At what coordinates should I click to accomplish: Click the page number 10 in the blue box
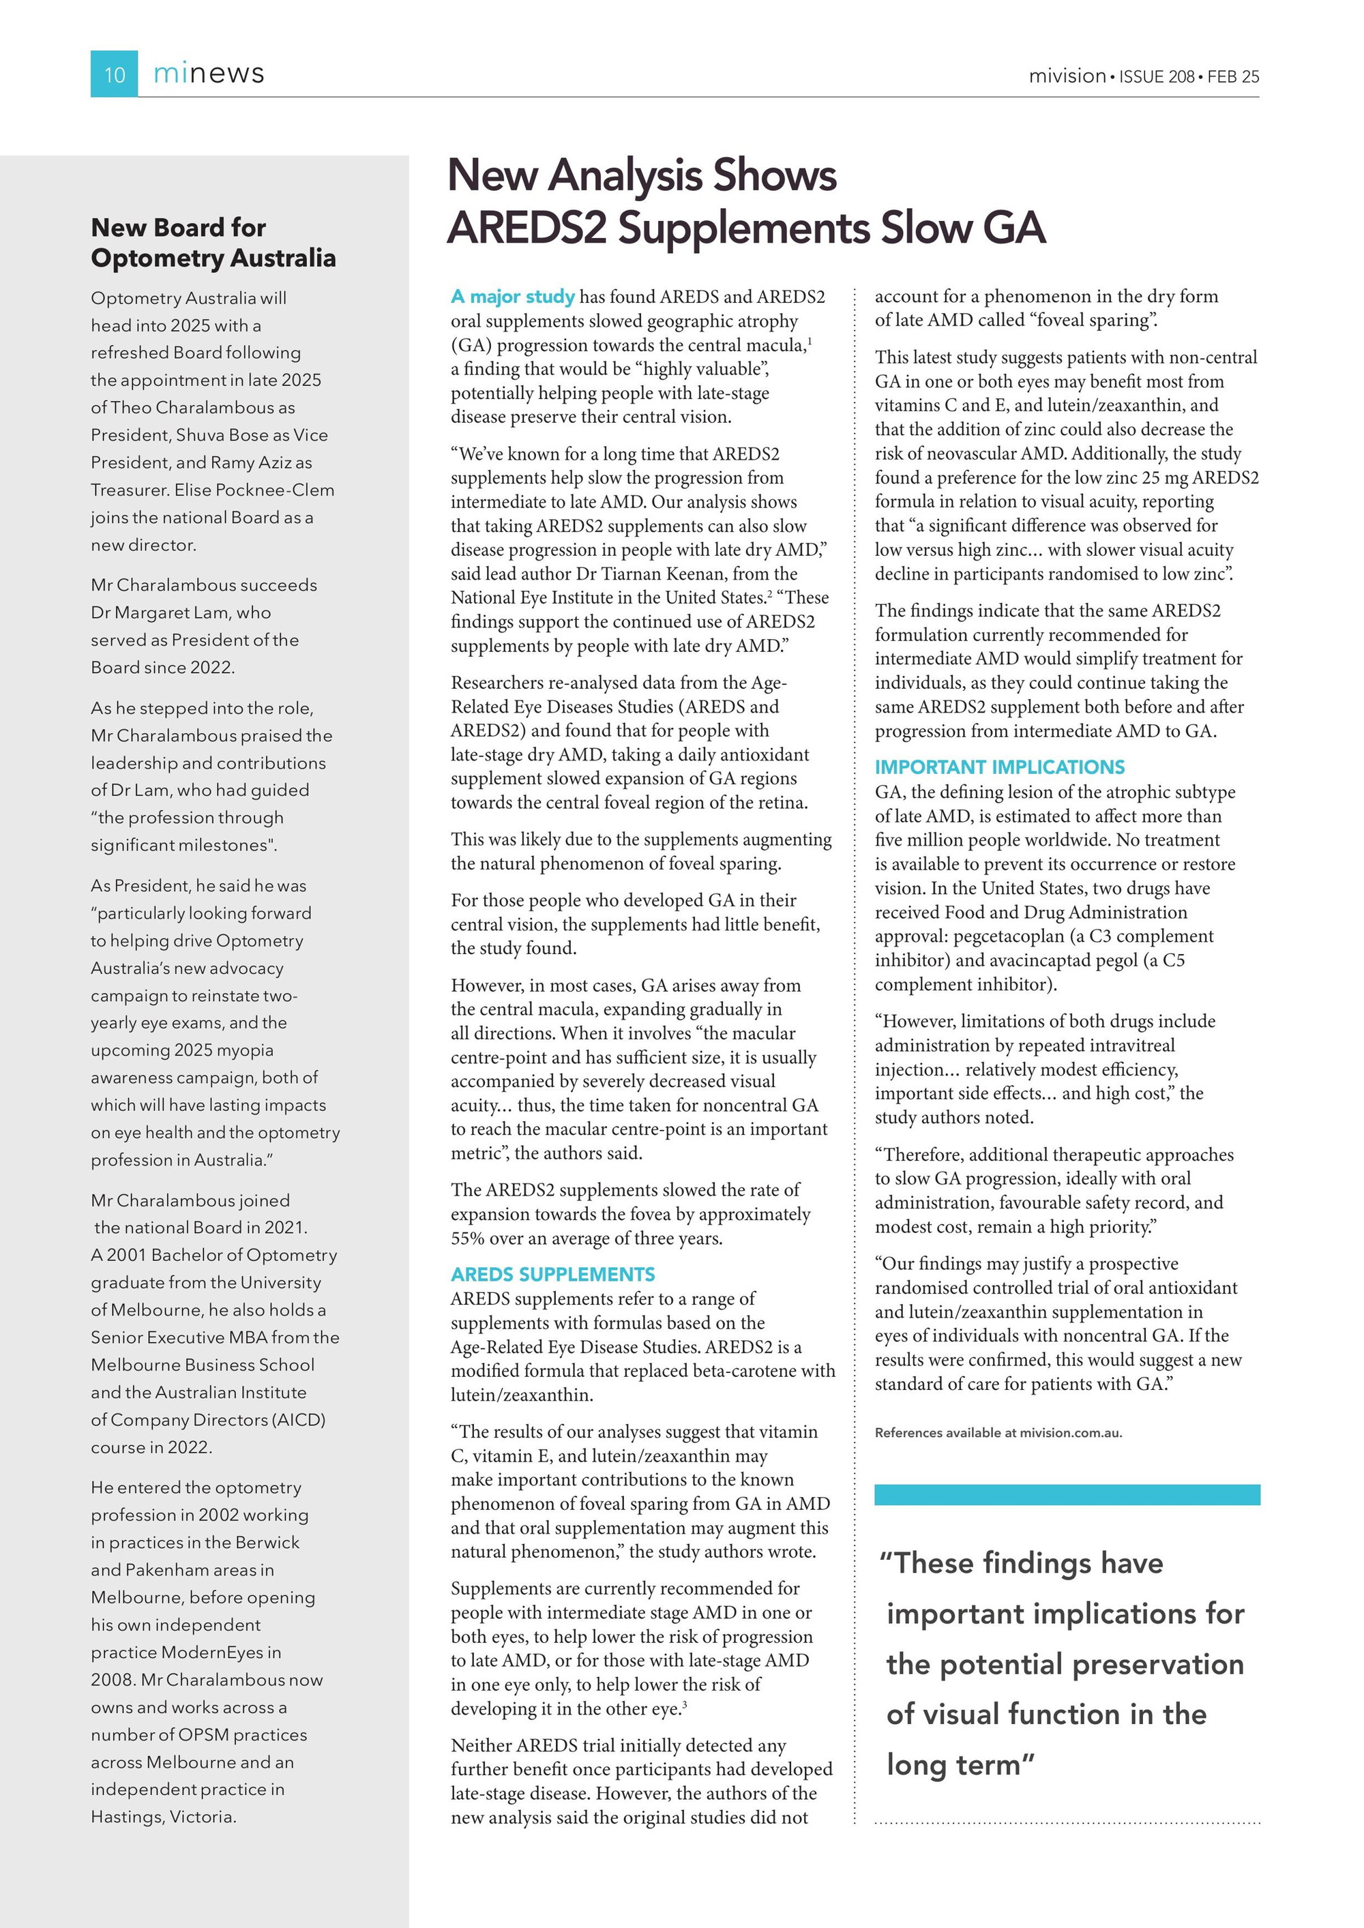pos(114,75)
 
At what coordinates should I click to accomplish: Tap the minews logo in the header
pos(208,74)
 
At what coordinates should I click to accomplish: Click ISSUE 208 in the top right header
pos(1157,76)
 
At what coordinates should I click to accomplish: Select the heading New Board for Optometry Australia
pos(213,243)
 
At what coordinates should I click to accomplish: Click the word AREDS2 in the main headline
pos(526,228)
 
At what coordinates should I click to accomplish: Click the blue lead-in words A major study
pos(512,297)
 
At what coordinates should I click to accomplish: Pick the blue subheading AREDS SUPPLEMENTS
pos(552,1274)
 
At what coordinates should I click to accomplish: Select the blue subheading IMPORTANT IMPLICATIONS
pos(1000,767)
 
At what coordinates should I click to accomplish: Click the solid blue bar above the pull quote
pos(1067,1494)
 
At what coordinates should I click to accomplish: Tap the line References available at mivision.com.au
pos(998,1433)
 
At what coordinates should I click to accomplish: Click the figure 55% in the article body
pos(468,1239)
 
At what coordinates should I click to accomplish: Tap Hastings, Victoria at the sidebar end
pos(163,1816)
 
